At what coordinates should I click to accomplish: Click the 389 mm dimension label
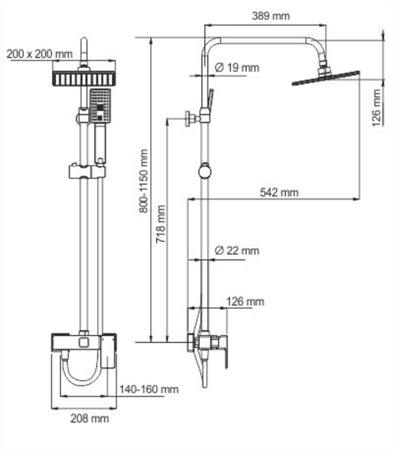point(271,16)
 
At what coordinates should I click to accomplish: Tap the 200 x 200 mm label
point(39,53)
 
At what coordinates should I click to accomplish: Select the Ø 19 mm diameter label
point(237,67)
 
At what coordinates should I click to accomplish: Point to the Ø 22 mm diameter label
point(237,250)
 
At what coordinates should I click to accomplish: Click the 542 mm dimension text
point(279,192)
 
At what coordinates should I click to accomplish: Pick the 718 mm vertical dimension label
point(161,224)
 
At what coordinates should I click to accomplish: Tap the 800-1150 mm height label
point(143,181)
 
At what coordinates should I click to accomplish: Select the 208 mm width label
point(90,418)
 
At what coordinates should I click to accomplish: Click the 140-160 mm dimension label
point(149,389)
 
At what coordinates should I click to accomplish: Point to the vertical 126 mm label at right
point(376,107)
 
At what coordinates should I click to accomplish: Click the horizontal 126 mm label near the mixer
point(245,301)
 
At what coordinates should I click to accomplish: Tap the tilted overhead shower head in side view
point(326,76)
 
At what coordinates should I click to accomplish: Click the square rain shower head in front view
point(84,78)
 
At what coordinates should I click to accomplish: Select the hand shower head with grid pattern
point(100,106)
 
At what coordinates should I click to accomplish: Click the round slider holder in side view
point(205,171)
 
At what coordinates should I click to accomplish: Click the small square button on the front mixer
point(84,343)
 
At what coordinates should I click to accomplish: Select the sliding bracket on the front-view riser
point(87,172)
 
